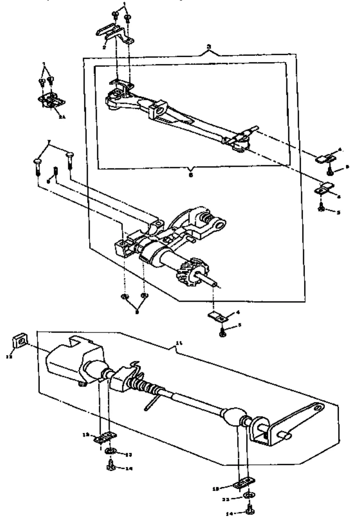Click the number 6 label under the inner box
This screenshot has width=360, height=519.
[191, 175]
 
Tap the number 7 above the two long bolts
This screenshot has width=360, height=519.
[49, 141]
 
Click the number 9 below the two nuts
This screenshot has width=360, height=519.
[137, 312]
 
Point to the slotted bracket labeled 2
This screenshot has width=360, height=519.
[114, 33]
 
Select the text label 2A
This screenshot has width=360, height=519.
[62, 118]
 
